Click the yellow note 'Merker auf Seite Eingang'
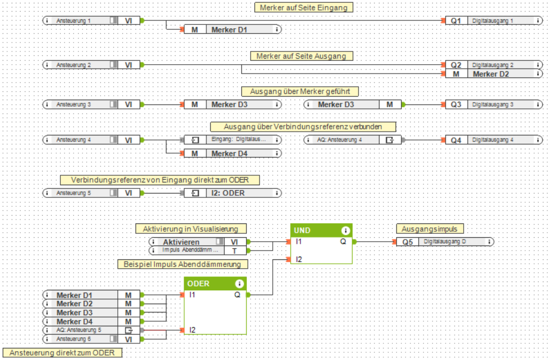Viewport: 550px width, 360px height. point(304,7)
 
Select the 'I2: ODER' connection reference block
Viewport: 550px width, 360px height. point(232,193)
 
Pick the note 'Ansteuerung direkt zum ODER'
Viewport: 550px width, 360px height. point(62,352)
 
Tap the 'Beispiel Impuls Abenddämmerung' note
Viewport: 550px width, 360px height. point(183,264)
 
